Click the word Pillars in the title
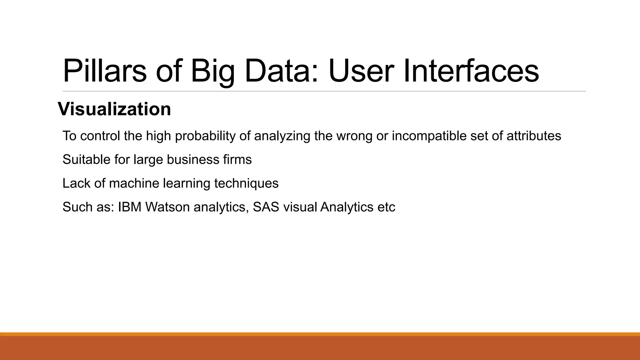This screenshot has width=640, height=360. coord(104,71)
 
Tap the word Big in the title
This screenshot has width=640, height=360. coord(212,71)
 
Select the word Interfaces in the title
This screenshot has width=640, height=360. coord(471,71)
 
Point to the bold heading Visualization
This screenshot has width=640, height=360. coord(114,109)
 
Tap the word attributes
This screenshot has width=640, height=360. coord(533,136)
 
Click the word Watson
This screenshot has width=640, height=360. coord(167,207)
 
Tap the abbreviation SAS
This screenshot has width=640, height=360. coord(266,207)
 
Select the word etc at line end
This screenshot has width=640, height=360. coord(386,207)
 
